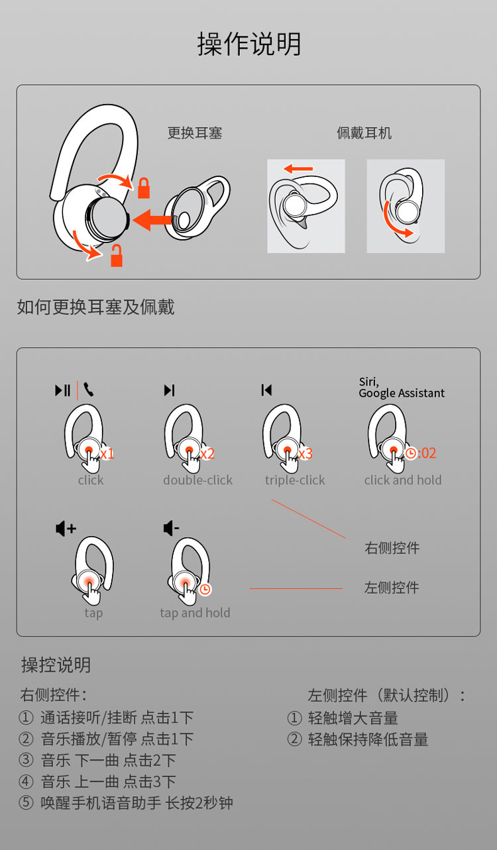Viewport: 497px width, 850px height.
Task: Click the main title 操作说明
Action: [249, 44]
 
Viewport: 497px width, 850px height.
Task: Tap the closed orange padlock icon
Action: [144, 188]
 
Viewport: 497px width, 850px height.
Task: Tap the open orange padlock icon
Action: [117, 256]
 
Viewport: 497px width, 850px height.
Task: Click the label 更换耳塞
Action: [195, 133]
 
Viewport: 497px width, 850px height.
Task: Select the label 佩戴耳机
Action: [364, 133]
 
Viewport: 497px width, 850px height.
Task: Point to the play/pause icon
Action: [63, 390]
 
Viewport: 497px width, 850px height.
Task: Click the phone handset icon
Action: [88, 390]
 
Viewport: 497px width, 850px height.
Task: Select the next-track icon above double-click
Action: [170, 390]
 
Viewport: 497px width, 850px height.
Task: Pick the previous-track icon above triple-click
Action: [266, 390]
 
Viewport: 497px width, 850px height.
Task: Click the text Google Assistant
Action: [402, 394]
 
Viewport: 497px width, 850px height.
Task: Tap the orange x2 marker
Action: [207, 453]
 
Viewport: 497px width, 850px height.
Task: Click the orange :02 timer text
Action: [427, 453]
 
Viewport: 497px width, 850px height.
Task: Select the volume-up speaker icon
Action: [66, 528]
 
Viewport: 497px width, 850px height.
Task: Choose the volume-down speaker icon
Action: [171, 528]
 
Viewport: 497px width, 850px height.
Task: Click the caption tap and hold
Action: [195, 613]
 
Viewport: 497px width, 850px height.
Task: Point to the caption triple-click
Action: [295, 480]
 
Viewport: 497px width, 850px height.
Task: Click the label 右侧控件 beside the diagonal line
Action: [392, 548]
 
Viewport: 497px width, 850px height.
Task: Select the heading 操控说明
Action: [56, 664]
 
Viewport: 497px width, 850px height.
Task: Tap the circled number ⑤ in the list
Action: [26, 802]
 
